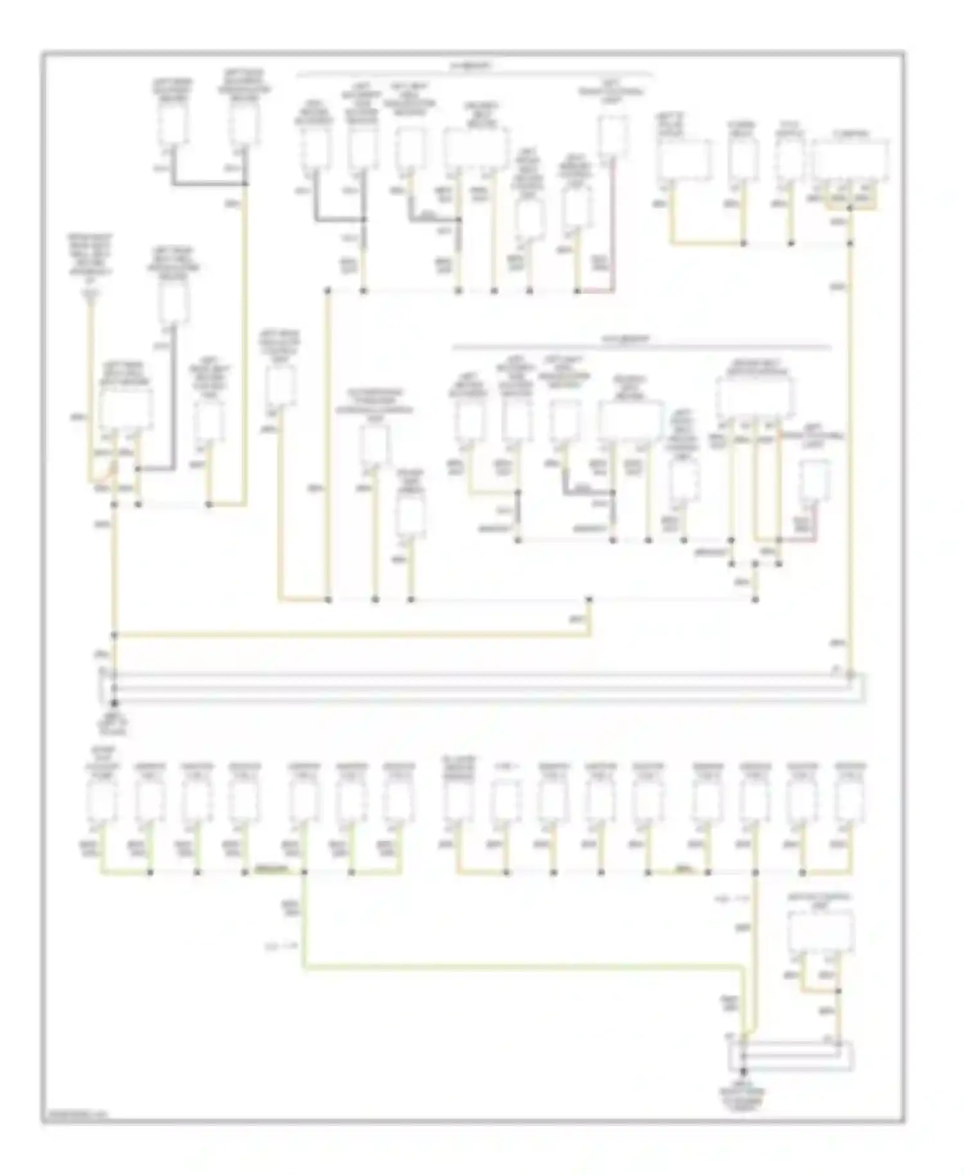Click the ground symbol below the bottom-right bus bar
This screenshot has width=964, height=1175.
[x=744, y=1072]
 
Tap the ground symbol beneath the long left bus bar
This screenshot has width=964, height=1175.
[x=114, y=705]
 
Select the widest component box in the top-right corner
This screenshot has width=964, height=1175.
[x=851, y=159]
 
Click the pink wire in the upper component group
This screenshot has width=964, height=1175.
[x=612, y=225]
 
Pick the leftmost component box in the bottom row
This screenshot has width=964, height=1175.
[x=102, y=802]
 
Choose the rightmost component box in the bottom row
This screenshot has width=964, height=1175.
[x=850, y=802]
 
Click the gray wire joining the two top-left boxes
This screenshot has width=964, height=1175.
[x=209, y=184]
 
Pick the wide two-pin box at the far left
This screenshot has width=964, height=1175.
[x=126, y=409]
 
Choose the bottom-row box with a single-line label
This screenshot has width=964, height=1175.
[x=506, y=802]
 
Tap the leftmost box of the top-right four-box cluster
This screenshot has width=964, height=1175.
[x=684, y=159]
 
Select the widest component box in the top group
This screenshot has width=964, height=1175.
[x=476, y=148]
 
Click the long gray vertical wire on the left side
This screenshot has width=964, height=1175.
[x=173, y=399]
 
